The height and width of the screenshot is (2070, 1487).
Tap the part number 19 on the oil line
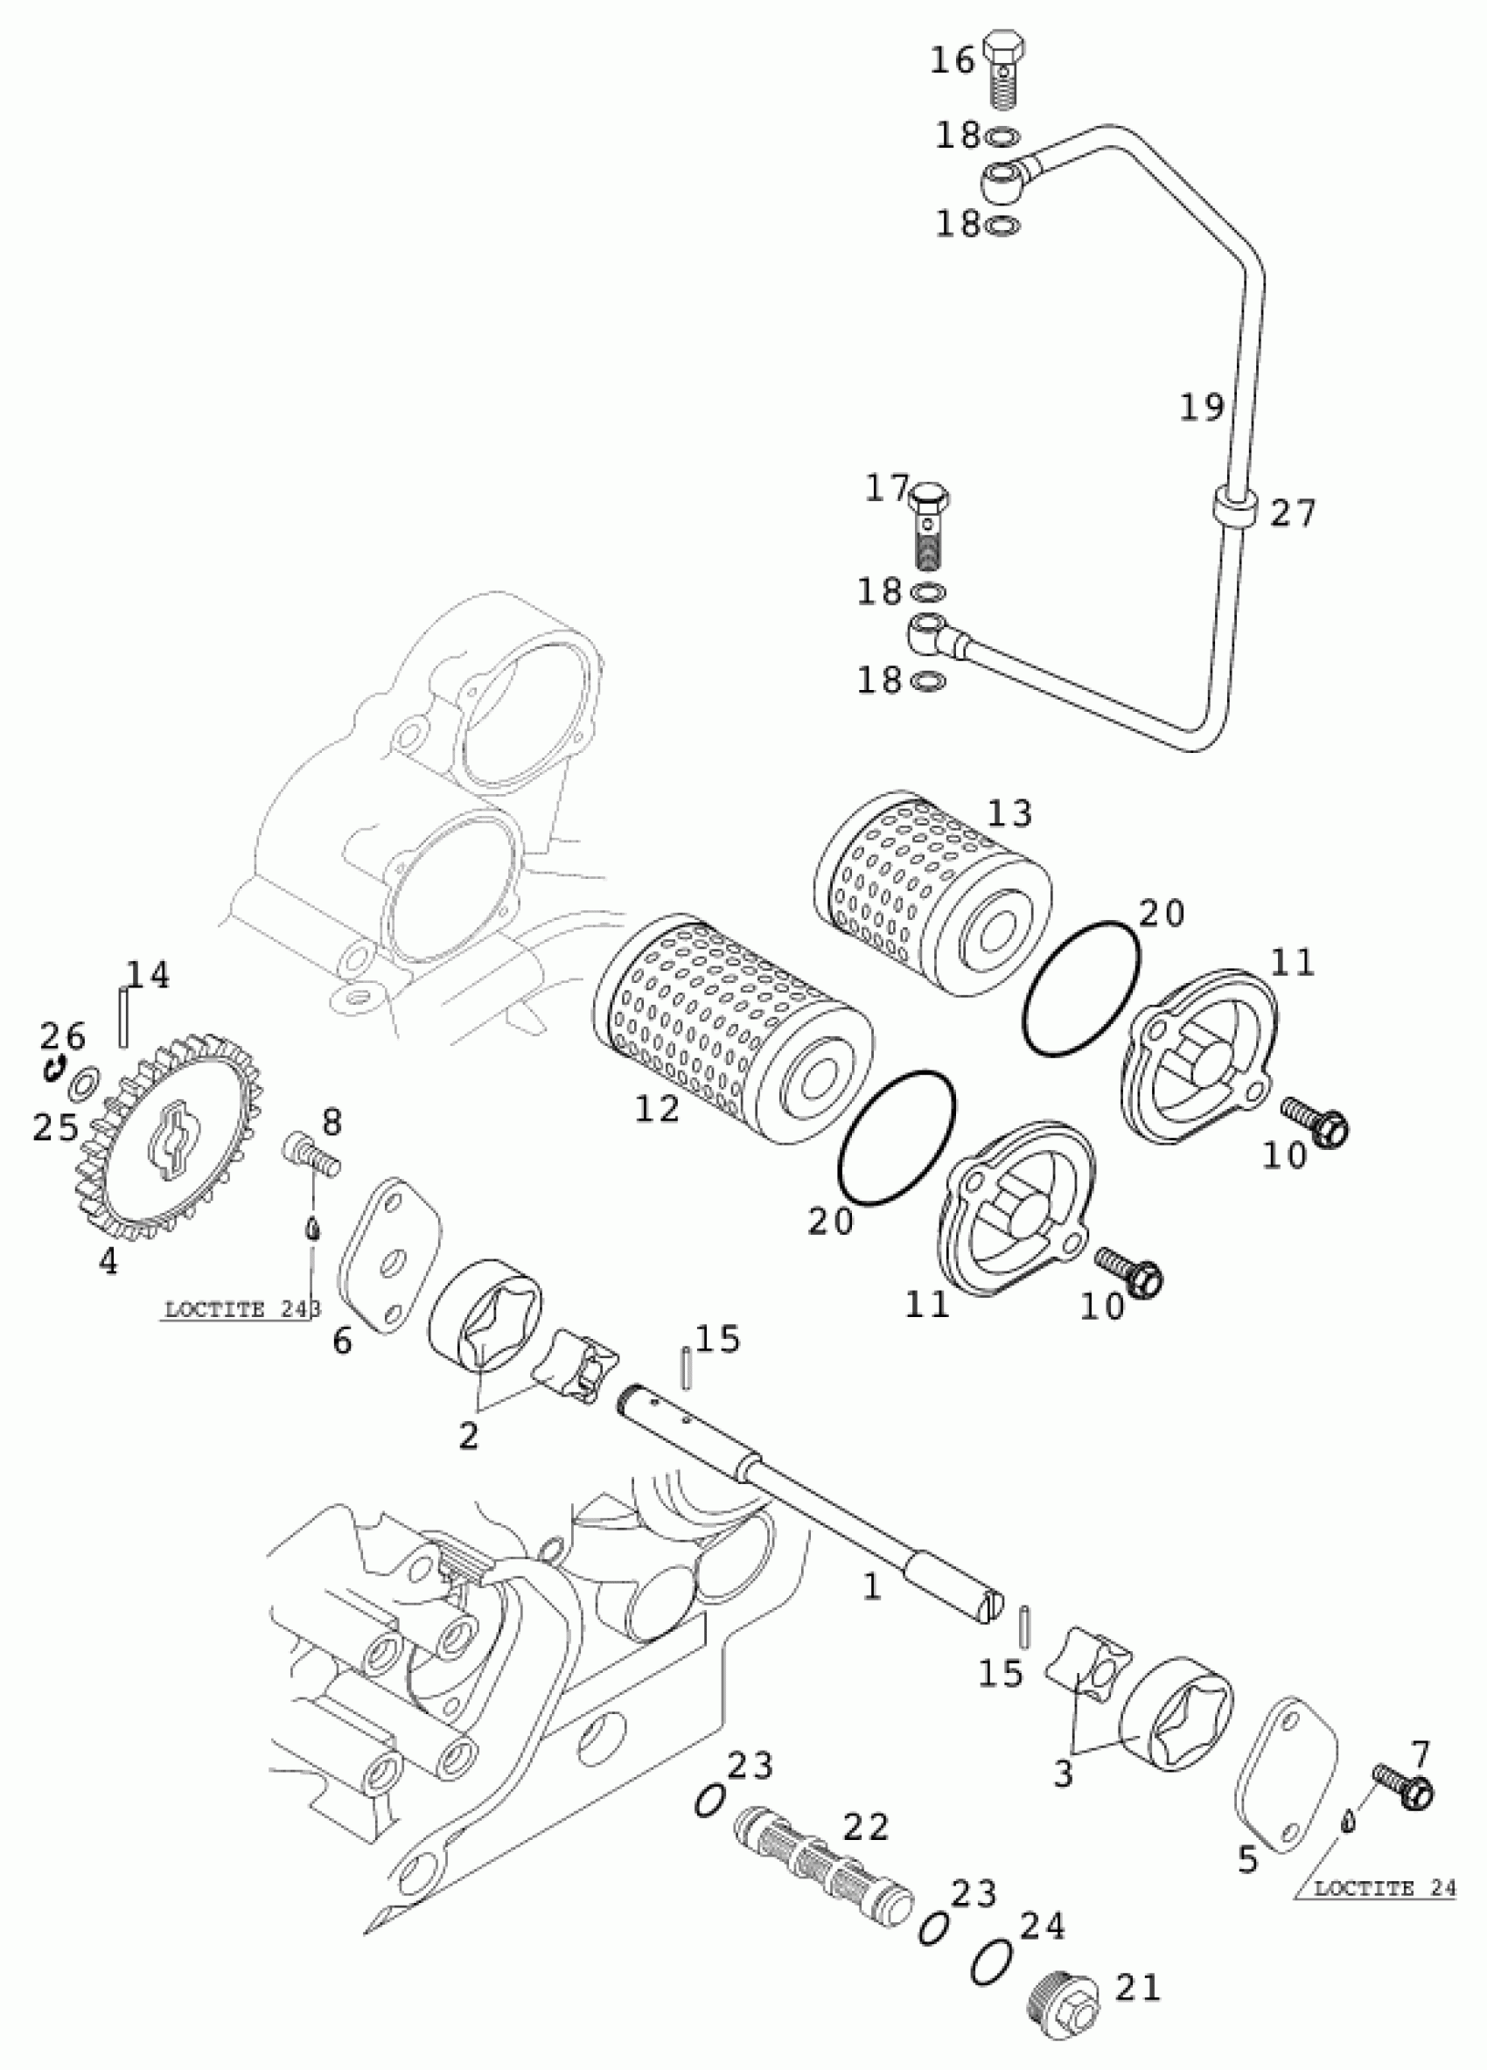click(x=1201, y=407)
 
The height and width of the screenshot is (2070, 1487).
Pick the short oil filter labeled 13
click(x=931, y=894)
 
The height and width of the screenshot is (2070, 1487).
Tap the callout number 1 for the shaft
click(x=873, y=1587)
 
